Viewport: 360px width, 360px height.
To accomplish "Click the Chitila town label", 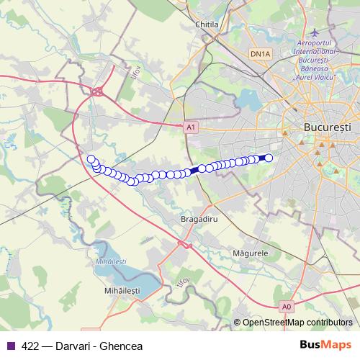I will tap(207, 24).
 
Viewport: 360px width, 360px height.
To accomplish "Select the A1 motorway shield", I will tap(190, 127).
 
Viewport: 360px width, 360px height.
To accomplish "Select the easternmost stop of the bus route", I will tap(269, 158).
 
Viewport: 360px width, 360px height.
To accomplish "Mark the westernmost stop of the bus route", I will tap(90, 159).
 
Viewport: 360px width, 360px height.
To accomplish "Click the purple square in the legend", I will tap(10, 345).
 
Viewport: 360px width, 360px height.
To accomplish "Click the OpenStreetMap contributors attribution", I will tap(297, 322).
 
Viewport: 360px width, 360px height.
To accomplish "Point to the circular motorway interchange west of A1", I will tap(97, 91).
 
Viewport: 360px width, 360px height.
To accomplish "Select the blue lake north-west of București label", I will tap(251, 99).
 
